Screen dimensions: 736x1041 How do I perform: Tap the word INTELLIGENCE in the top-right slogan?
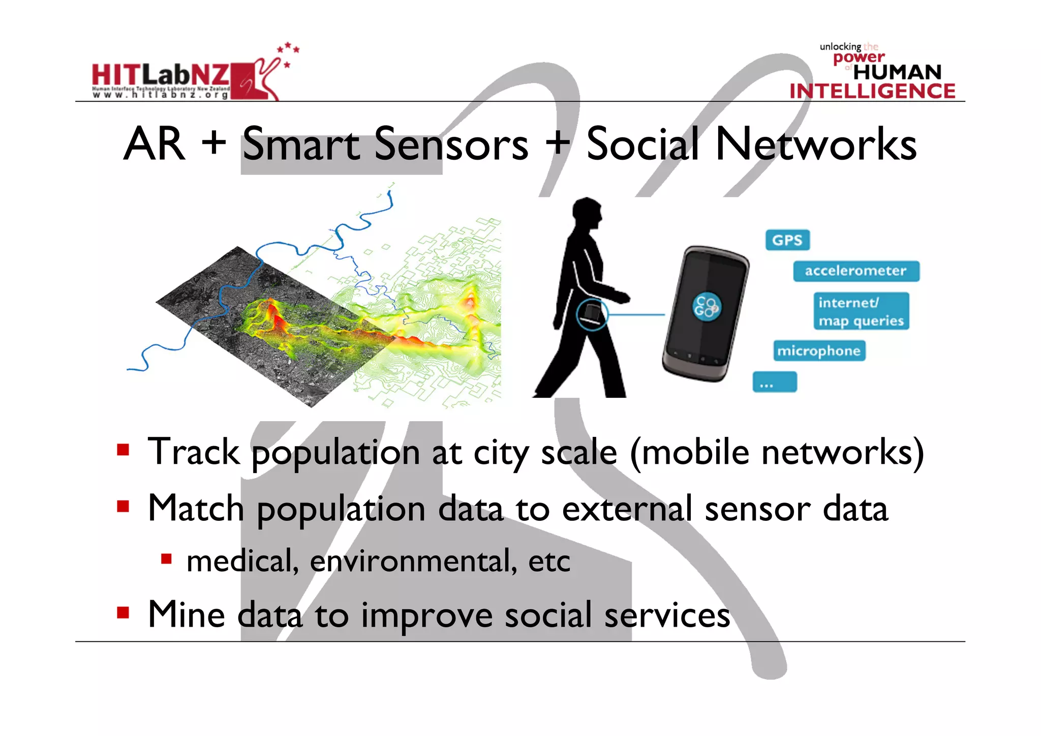[872, 91]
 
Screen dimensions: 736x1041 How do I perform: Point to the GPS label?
[787, 240]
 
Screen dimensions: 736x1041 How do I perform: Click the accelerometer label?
[855, 271]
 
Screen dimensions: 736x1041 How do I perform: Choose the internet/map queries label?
[861, 311]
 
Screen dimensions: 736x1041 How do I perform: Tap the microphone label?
[818, 351]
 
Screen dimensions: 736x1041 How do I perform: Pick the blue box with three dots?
[774, 382]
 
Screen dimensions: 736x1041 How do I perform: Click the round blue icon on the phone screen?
[706, 306]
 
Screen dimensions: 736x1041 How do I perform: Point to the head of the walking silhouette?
[588, 214]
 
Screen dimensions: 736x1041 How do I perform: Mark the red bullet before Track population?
[123, 450]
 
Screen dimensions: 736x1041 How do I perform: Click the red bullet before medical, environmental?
[166, 560]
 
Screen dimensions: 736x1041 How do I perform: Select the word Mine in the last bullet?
[186, 614]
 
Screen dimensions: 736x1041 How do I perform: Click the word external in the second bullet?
[627, 509]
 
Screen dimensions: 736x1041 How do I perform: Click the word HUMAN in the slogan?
[897, 72]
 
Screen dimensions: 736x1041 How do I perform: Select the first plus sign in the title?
[213, 142]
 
